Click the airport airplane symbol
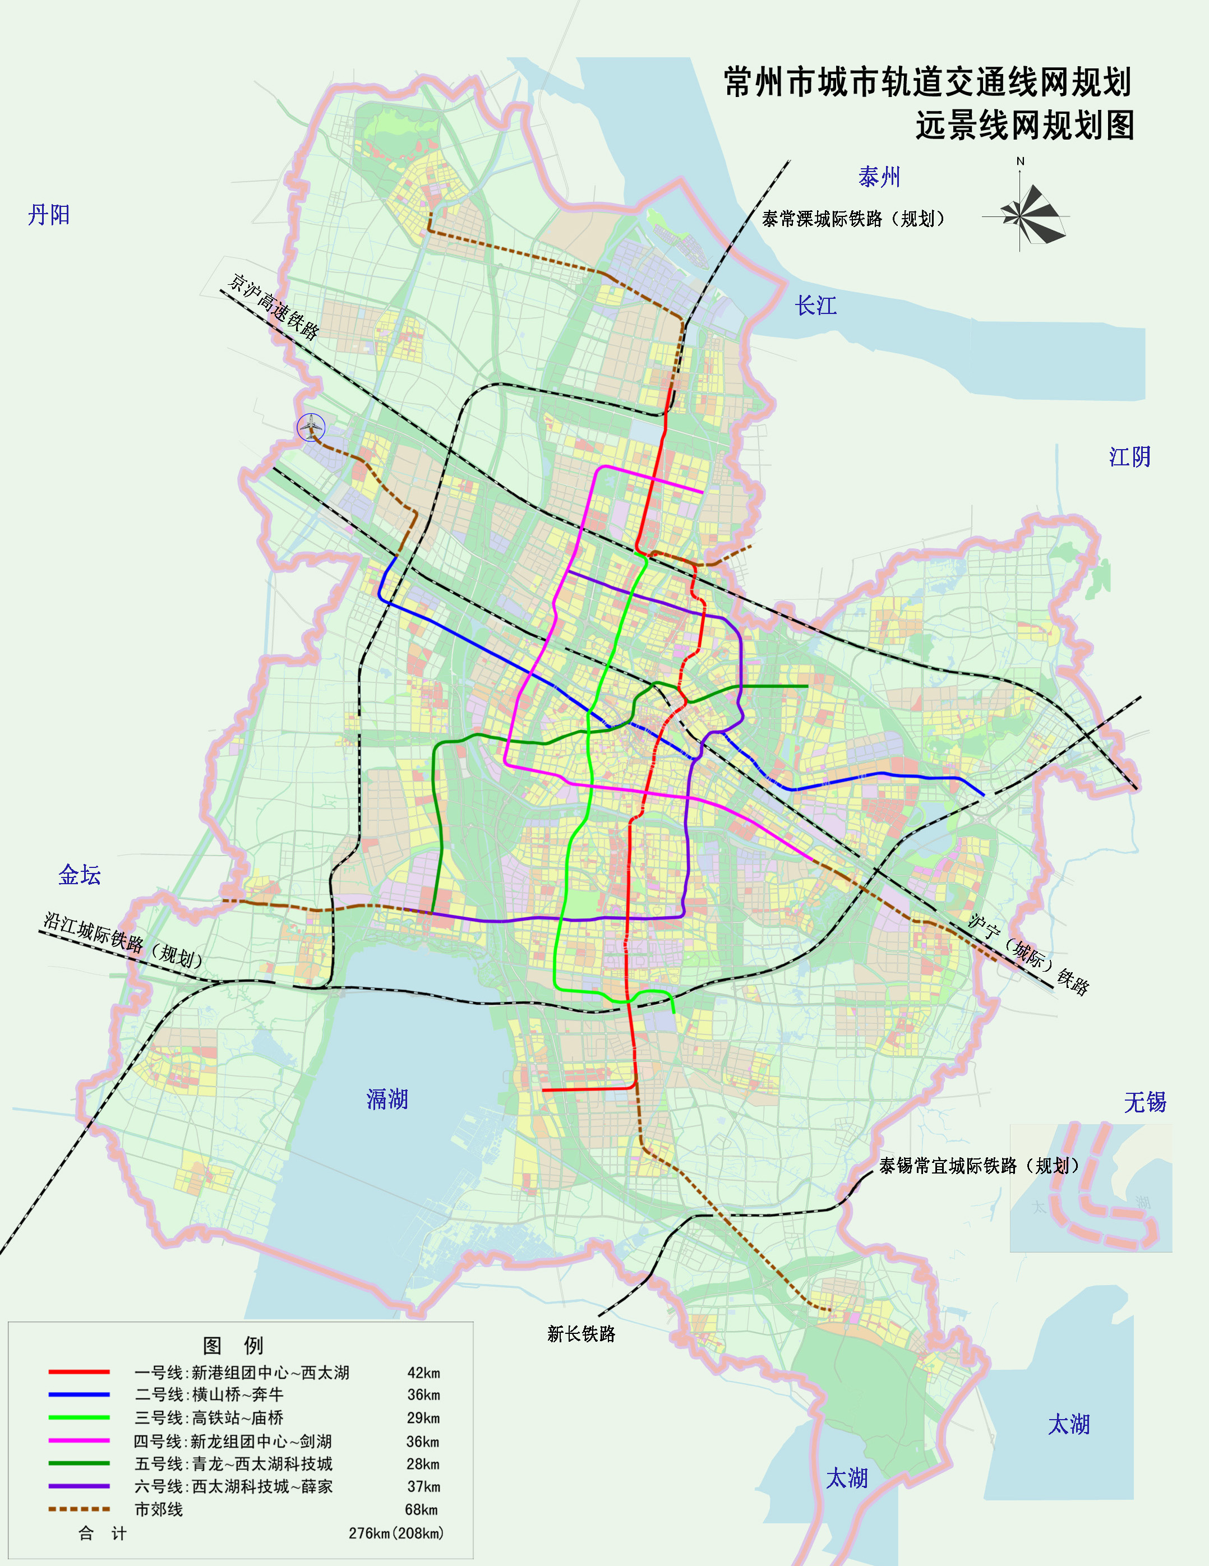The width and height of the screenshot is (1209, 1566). pyautogui.click(x=311, y=427)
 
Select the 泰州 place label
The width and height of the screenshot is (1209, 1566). pyautogui.click(x=879, y=177)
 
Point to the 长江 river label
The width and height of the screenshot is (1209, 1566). pyautogui.click(x=815, y=306)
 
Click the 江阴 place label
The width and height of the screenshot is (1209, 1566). pyautogui.click(x=1129, y=457)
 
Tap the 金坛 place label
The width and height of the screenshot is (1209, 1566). pyautogui.click(x=80, y=875)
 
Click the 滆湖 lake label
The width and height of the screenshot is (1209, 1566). pyautogui.click(x=387, y=1098)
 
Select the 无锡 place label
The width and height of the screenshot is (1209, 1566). pyautogui.click(x=1145, y=1102)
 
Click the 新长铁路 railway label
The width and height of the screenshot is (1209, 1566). pyautogui.click(x=581, y=1334)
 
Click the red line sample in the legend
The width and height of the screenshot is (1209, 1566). pyautogui.click(x=79, y=1371)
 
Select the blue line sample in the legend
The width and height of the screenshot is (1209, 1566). pyautogui.click(x=79, y=1394)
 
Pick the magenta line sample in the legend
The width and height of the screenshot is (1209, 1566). pyautogui.click(x=79, y=1440)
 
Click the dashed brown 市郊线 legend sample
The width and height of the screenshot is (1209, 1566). pyautogui.click(x=79, y=1509)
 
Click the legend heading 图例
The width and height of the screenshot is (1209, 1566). pyautogui.click(x=233, y=1345)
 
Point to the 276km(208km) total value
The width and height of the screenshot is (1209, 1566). pyautogui.click(x=396, y=1533)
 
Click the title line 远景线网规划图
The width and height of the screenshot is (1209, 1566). pyautogui.click(x=1025, y=126)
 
